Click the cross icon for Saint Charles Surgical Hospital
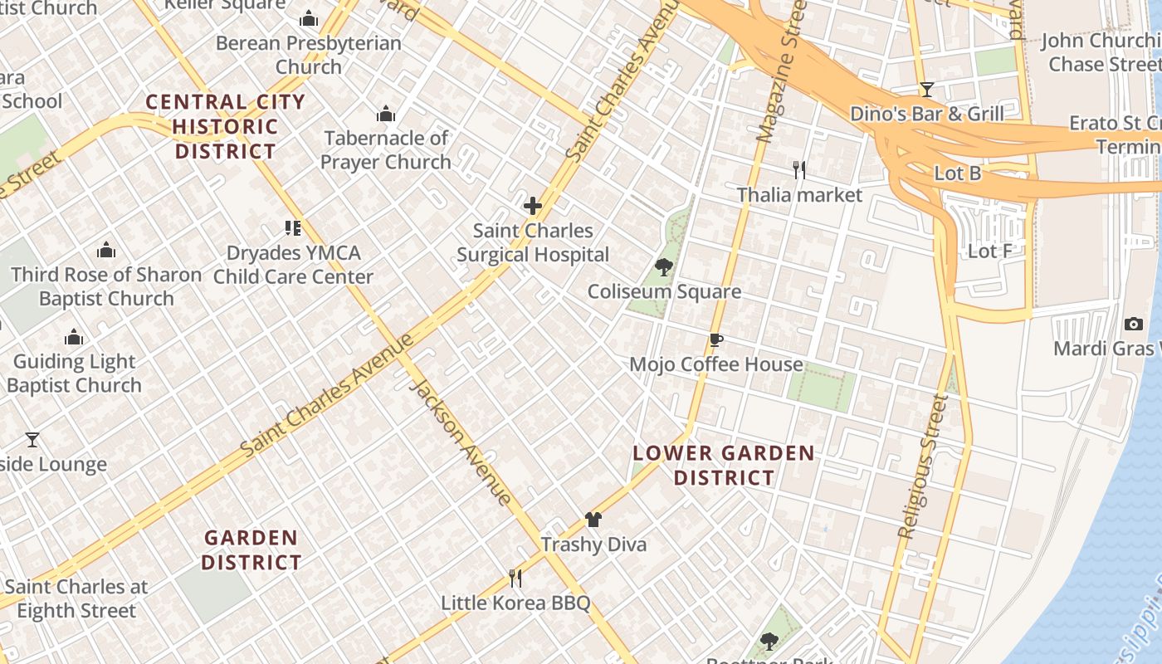click(x=533, y=206)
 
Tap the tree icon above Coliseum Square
click(x=663, y=266)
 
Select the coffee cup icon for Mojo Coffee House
click(x=716, y=339)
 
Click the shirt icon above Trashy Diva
click(x=593, y=520)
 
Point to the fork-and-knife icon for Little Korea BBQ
click(x=515, y=578)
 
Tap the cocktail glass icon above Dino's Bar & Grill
click(x=927, y=90)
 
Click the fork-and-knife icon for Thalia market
click(x=799, y=170)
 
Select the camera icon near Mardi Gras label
click(x=1133, y=324)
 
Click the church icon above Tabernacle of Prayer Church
click(x=385, y=114)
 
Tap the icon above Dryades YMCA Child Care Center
click(x=292, y=227)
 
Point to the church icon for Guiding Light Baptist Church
click(x=74, y=337)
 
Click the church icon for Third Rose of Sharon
click(x=106, y=250)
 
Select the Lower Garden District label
click(x=723, y=465)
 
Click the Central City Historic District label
click(x=225, y=127)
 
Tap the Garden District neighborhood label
click(x=251, y=549)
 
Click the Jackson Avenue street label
click(x=461, y=442)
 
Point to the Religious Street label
click(x=922, y=466)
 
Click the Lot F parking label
click(x=989, y=250)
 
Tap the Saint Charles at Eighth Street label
click(x=76, y=598)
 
